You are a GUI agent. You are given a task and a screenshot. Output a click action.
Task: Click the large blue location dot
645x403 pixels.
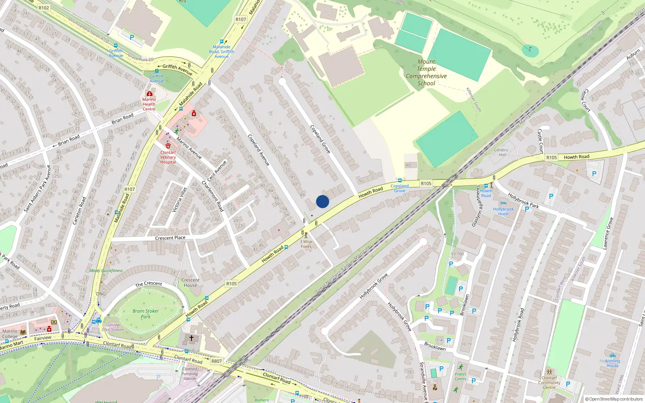322,201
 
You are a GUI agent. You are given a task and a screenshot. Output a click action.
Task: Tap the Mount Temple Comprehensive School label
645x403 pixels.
426,73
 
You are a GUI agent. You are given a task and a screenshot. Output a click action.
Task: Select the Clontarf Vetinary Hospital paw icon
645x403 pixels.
168,146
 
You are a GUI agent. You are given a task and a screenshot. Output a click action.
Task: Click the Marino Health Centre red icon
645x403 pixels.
149,93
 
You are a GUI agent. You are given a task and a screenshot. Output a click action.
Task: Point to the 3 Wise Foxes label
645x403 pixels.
306,244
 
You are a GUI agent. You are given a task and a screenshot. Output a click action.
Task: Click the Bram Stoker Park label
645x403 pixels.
146,314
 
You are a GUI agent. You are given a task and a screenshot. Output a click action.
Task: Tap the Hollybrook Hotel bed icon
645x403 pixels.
503,203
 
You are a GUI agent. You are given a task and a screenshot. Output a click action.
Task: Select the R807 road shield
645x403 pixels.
216,361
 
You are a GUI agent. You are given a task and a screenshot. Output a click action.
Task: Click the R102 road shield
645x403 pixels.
44,8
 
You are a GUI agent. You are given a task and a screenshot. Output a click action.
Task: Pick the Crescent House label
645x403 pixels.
190,283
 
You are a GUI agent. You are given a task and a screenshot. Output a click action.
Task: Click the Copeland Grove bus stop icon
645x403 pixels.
399,181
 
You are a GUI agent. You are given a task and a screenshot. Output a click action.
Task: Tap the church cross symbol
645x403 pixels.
191,338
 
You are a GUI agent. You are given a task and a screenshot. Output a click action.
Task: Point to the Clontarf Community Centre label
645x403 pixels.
549,382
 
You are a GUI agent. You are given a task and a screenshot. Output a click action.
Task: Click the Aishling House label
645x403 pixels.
612,363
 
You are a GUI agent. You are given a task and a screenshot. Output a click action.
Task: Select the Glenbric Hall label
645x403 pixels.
501,152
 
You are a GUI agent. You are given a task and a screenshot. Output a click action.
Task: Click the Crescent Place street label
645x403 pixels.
170,238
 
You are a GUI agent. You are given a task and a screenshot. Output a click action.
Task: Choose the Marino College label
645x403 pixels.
10,334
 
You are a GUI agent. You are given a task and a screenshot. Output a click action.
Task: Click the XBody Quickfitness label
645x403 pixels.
106,271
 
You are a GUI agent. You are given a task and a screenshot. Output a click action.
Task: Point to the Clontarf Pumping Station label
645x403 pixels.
189,374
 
